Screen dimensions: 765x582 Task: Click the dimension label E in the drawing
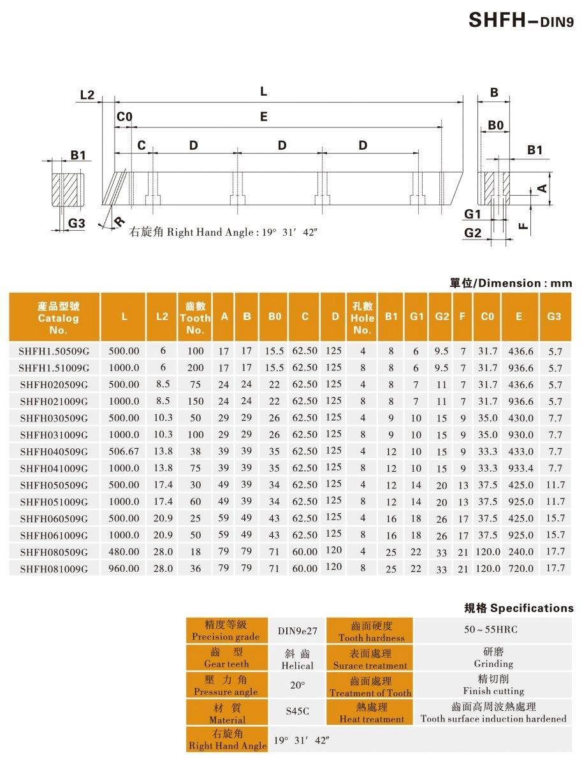[264, 117]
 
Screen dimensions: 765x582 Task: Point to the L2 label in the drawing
[87, 95]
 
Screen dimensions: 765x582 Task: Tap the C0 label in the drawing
[124, 117]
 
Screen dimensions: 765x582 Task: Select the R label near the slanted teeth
[119, 222]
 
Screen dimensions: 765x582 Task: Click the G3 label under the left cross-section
[76, 223]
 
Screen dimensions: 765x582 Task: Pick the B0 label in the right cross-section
[496, 125]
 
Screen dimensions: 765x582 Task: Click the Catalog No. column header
[58, 317]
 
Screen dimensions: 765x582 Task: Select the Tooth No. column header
[195, 317]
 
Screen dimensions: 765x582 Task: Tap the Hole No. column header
[362, 317]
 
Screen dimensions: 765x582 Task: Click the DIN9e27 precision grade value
[297, 631]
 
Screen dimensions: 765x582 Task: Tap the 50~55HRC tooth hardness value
[491, 630]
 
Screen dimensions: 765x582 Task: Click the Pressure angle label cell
[226, 685]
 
